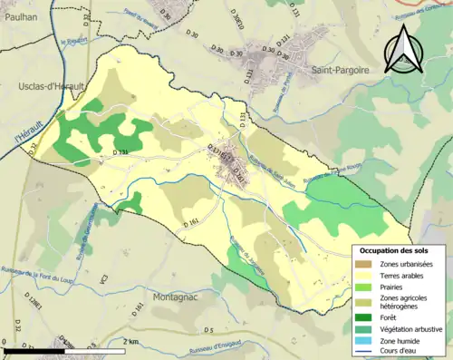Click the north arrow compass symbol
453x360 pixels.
click(x=402, y=50)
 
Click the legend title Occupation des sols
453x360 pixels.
click(x=400, y=250)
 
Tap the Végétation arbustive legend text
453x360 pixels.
click(x=410, y=328)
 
